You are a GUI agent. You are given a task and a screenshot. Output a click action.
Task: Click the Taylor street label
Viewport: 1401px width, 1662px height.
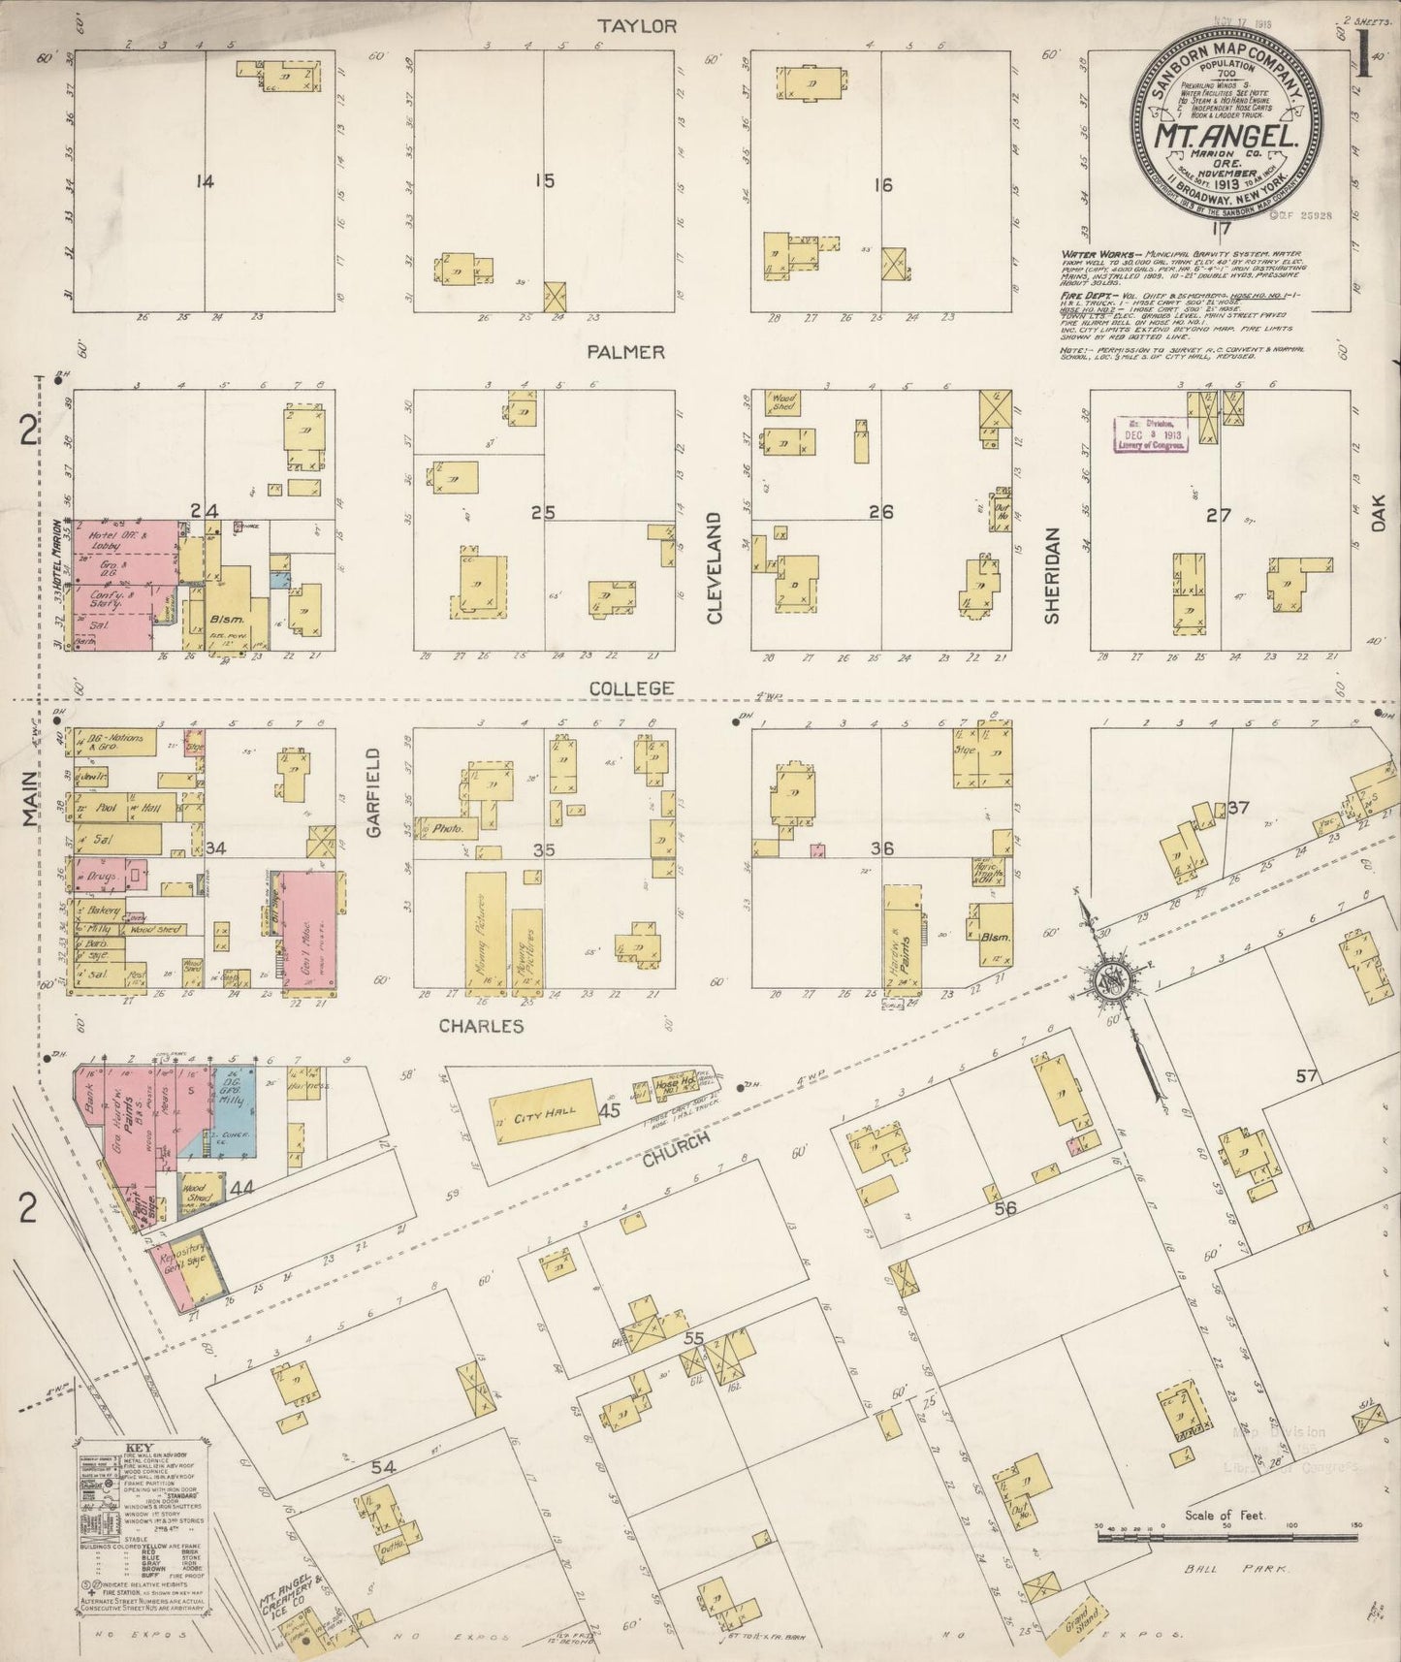[x=636, y=26]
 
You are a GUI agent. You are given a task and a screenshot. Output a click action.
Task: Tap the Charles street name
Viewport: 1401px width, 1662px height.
[x=480, y=1026]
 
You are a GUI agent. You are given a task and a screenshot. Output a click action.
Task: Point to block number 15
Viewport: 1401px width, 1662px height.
[x=545, y=180]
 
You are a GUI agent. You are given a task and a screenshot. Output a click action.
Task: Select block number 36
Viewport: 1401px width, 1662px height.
[x=880, y=848]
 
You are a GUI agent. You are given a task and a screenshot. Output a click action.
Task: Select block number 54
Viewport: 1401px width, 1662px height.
[x=384, y=1468]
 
